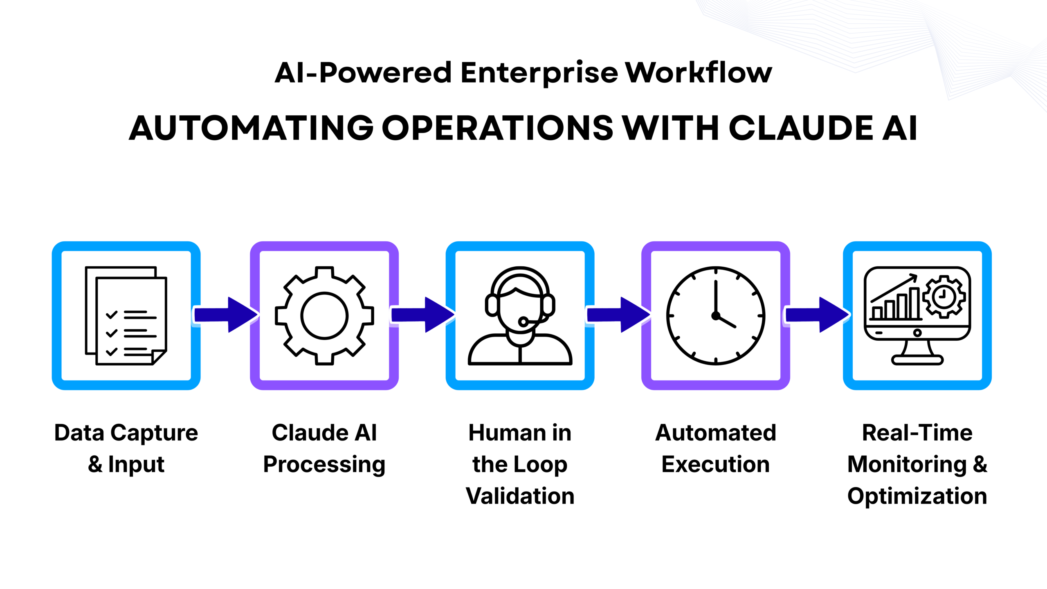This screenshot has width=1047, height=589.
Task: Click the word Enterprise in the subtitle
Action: [x=539, y=73]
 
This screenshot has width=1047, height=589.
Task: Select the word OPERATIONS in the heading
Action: [x=497, y=128]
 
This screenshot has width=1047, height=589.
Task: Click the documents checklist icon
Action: [x=126, y=315]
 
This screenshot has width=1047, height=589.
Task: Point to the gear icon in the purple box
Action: [x=324, y=315]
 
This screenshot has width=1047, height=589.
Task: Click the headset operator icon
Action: [x=520, y=315]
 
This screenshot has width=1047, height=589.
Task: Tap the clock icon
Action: [x=715, y=315]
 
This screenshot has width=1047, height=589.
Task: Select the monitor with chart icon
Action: [x=917, y=315]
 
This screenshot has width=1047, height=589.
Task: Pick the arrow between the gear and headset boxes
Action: [x=423, y=315]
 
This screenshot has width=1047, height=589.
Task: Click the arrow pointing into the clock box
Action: [x=618, y=315]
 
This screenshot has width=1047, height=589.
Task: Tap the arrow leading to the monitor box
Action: [x=817, y=315]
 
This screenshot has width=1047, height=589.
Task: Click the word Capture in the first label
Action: [x=154, y=433]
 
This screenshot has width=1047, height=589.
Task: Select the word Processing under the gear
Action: [x=324, y=465]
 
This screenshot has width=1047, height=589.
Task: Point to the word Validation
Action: [x=520, y=496]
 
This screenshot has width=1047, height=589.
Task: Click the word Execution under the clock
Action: [x=715, y=465]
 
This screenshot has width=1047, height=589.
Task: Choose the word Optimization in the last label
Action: [x=917, y=496]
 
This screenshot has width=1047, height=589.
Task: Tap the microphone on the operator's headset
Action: [x=523, y=322]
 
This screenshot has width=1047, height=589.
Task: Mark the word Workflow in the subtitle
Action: [x=699, y=73]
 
